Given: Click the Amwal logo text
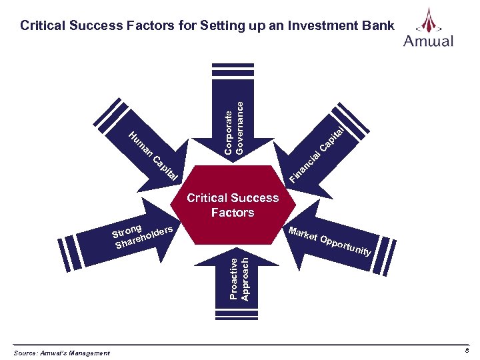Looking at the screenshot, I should click(x=428, y=41).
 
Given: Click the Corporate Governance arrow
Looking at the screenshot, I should click(x=230, y=113).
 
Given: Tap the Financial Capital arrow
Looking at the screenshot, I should click(x=320, y=150).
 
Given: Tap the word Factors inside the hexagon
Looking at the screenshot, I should click(x=233, y=213).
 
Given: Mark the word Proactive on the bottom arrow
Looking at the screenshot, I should click(x=233, y=279).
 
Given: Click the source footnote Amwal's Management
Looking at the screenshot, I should click(x=61, y=353).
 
